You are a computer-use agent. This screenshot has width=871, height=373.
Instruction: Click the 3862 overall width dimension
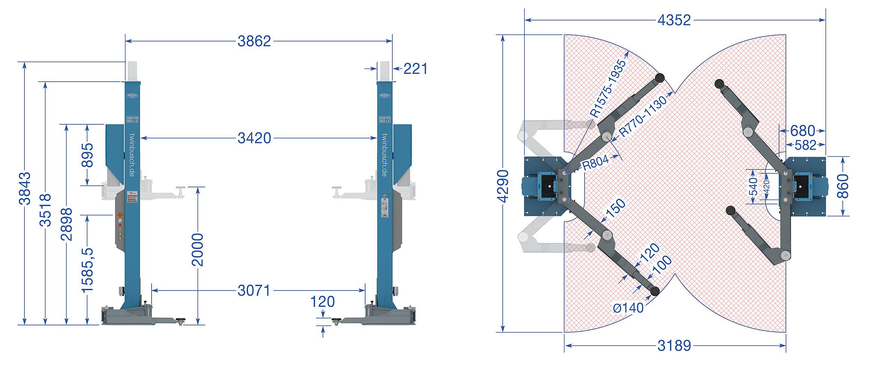point(254,41)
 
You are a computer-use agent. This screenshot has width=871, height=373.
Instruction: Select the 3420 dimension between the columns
point(254,138)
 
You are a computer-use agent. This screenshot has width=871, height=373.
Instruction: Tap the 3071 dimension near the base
point(254,291)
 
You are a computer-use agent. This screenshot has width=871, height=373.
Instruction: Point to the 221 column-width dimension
point(415,69)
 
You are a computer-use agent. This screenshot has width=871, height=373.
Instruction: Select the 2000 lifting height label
point(198,249)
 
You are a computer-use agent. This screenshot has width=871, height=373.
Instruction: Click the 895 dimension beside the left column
point(87,155)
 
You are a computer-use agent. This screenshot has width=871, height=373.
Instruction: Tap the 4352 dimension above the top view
point(674,20)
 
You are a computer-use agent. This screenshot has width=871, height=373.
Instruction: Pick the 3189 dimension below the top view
point(674,346)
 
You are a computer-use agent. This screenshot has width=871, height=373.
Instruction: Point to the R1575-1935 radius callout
point(608,88)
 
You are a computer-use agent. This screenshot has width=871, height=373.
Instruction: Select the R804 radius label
point(595,162)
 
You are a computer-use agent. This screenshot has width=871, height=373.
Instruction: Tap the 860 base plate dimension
point(843,186)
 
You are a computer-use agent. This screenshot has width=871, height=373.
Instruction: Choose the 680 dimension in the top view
point(802,131)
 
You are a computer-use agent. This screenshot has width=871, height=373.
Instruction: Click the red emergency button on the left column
point(120,215)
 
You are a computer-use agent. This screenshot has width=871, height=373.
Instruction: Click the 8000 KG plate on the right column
point(385,119)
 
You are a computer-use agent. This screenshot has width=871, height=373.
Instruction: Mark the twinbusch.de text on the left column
point(132,155)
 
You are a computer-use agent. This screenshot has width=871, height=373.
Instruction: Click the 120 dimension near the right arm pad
point(322,302)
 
